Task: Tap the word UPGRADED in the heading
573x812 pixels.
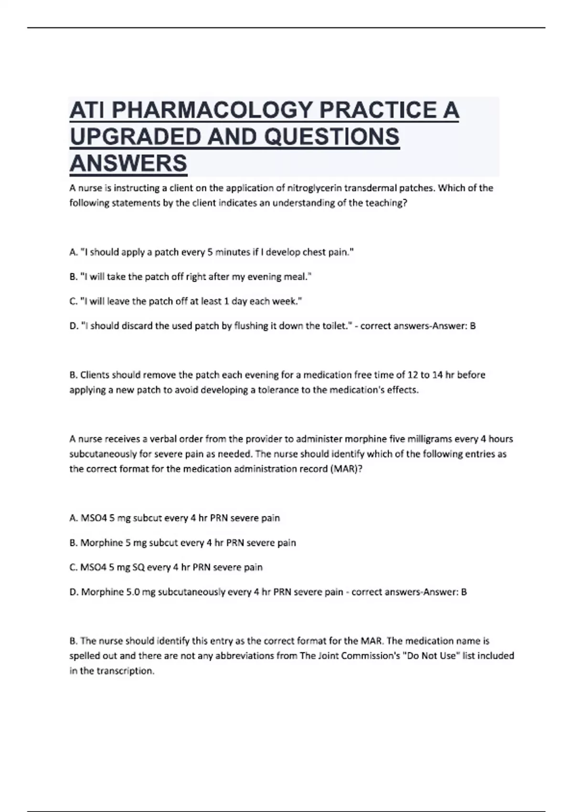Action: coord(134,137)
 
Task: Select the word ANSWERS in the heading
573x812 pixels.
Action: coord(128,163)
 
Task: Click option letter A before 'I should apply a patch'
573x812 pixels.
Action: coord(73,252)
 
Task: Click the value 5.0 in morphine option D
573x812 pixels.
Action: coord(133,592)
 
